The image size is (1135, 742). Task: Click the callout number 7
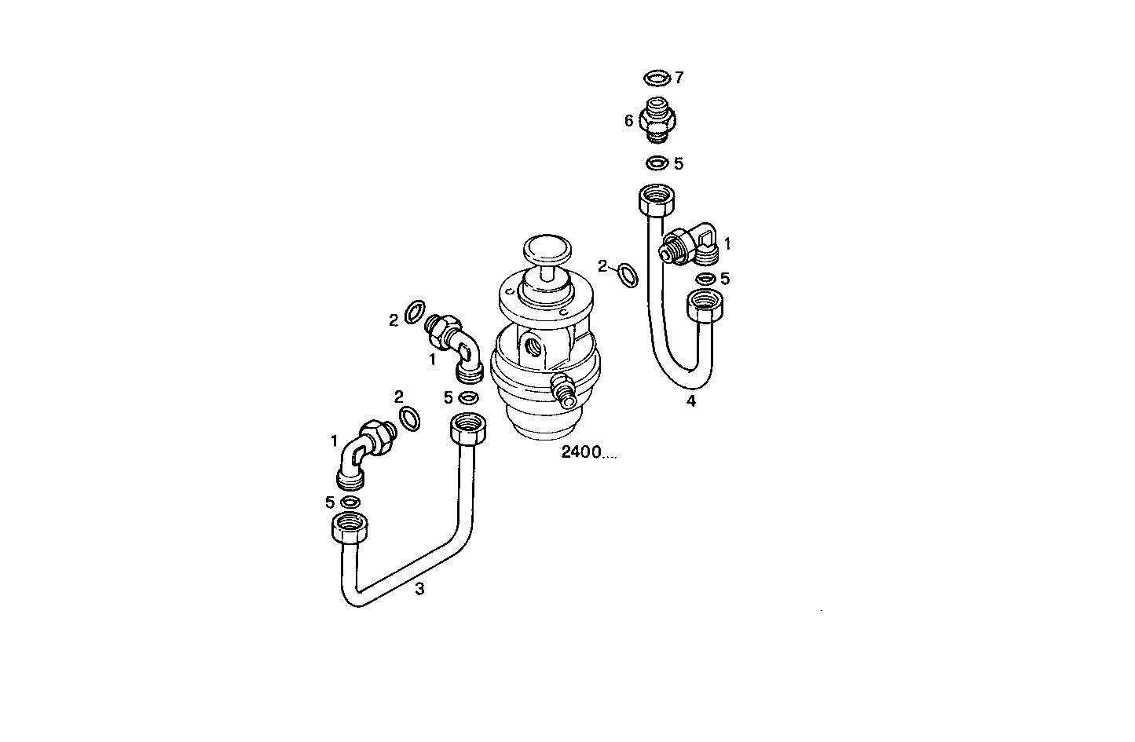679,77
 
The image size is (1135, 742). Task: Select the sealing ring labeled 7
655,78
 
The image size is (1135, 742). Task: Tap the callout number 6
628,121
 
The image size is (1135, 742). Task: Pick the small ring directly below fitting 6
657,164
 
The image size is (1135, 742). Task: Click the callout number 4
691,401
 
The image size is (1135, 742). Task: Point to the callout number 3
419,588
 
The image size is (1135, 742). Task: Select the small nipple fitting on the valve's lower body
563,388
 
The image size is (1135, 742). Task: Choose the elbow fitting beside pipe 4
692,244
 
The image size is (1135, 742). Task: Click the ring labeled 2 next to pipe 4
628,275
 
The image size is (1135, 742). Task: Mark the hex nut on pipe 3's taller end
470,429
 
